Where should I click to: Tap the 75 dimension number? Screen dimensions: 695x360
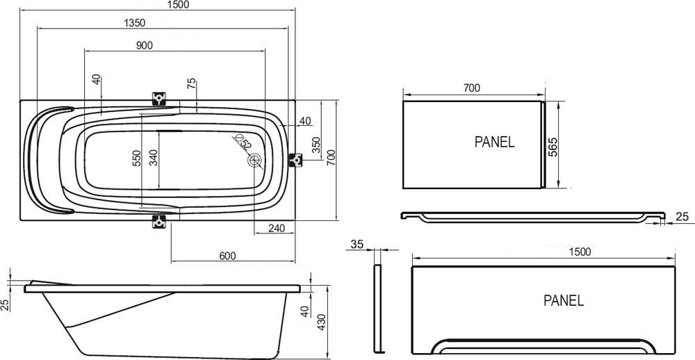(192, 84)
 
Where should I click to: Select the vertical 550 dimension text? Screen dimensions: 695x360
(136, 158)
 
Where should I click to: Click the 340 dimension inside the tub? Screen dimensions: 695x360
(154, 158)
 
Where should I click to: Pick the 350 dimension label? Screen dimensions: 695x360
(316, 145)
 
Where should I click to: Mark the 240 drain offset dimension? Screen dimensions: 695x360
(277, 228)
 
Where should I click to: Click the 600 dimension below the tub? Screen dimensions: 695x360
(227, 256)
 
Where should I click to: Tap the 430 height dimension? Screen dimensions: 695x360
(322, 322)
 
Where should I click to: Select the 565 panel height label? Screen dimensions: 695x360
(553, 147)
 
